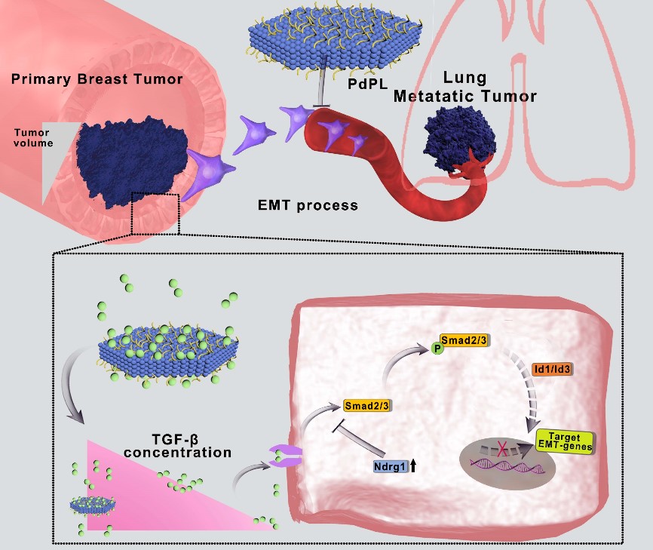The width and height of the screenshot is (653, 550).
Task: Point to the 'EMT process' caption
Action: [x=306, y=204]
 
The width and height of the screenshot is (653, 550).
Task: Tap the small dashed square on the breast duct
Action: [x=155, y=214]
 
